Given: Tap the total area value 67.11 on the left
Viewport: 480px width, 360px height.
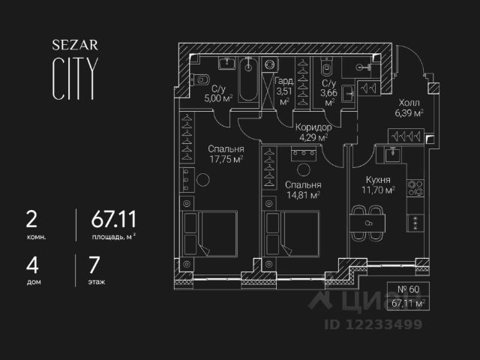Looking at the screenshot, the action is pos(114,220).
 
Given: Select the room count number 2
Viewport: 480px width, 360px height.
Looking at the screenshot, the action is pos(31,220).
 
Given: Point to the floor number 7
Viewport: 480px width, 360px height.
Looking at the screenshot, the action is pos(94,265).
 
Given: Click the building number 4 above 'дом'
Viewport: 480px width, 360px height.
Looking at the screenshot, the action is pos(31,265).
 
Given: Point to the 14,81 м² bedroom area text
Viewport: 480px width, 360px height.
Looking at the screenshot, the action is pos(303,195).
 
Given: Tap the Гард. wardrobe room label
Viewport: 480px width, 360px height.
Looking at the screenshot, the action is pos(283,82).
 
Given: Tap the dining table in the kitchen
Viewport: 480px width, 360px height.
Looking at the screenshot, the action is pos(367,223).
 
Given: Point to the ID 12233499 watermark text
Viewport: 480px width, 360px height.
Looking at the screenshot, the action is pos(373,325).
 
